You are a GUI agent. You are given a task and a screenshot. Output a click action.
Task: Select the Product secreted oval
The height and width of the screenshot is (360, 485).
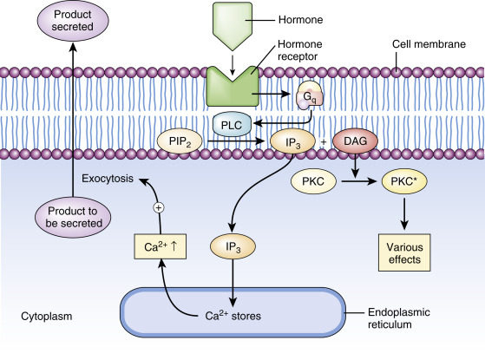pos(73,21)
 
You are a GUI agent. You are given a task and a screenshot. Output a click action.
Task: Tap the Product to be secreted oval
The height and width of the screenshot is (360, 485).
pos(73,217)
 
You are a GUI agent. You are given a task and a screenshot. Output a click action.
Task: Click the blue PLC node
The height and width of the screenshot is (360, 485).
pos(232,125)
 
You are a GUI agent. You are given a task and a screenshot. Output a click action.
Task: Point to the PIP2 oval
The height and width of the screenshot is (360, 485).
pos(180,141)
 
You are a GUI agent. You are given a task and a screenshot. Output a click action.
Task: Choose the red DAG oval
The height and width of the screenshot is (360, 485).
pos(355,141)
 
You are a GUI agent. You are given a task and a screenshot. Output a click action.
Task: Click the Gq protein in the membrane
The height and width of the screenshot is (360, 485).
pos(310,95)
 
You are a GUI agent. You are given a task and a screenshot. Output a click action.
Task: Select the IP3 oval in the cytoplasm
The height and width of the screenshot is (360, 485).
pos(233,247)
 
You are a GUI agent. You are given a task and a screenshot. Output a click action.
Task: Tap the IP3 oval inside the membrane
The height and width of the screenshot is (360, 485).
pos(292,142)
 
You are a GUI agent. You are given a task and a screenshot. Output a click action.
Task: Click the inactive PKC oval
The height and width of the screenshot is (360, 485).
pos(313,181)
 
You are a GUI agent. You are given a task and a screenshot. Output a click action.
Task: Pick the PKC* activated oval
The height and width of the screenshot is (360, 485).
pos(404,181)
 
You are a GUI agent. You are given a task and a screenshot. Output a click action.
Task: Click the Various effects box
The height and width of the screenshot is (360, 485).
pos(404,252)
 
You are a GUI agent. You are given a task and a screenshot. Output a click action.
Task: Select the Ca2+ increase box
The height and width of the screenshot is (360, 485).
pos(161,246)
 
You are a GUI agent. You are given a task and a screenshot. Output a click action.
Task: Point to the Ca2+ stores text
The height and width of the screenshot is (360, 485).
pos(233,316)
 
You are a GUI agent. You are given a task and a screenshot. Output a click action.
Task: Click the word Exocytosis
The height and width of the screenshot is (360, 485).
pos(108,179)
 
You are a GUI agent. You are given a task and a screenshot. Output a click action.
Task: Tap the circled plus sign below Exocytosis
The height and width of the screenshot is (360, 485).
pos(159,208)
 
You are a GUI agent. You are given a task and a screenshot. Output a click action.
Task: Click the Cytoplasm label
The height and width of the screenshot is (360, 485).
pos(46,317)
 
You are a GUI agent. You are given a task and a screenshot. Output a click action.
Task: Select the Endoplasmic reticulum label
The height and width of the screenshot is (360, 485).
pos(399,318)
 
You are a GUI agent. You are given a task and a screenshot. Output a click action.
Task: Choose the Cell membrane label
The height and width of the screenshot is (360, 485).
pos(429,44)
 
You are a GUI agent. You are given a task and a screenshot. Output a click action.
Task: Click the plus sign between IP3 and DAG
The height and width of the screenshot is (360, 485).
pos(324,142)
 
